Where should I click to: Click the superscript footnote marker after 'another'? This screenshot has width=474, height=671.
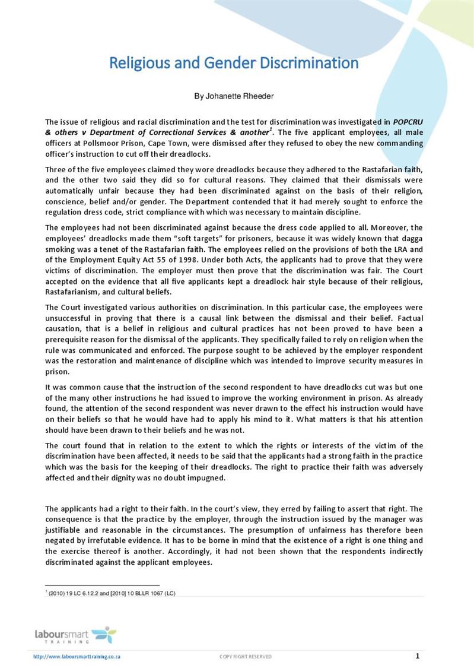(x=271, y=129)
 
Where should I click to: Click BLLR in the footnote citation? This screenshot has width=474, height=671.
(x=134, y=593)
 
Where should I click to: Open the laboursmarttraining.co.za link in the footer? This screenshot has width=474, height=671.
(x=78, y=656)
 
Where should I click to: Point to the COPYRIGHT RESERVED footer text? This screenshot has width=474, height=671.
(x=246, y=656)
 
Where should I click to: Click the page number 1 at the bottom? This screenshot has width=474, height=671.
(x=417, y=656)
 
